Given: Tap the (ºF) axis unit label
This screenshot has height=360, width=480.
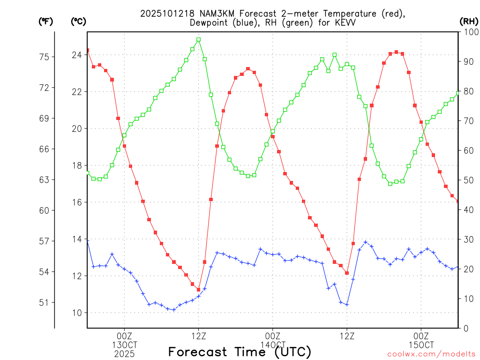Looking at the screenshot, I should click(x=46, y=21).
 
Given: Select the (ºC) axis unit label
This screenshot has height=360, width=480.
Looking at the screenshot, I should click(x=78, y=21).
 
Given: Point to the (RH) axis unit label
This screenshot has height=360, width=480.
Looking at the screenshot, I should click(x=469, y=21).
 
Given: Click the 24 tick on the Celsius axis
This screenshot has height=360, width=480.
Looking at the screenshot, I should click(x=76, y=55).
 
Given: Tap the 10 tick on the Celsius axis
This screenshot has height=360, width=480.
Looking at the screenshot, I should click(x=76, y=313).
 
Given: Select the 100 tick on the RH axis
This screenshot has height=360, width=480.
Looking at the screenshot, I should click(x=469, y=32).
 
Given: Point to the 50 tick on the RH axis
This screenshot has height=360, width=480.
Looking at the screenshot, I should click(x=467, y=180).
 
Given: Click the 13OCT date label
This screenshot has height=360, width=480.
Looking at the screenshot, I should click(x=124, y=345).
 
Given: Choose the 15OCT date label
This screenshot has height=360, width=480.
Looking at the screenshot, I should click(x=421, y=345).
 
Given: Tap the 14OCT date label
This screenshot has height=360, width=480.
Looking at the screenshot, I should click(x=273, y=345).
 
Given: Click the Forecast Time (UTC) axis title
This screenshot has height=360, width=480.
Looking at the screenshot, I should click(x=240, y=352).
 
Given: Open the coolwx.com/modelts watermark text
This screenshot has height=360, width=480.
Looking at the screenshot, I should click(x=431, y=354).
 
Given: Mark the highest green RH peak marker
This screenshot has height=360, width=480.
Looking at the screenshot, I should click(x=198, y=40).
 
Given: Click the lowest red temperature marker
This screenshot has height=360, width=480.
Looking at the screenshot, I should click(x=198, y=290).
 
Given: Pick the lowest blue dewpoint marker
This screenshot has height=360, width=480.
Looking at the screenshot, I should click(x=173, y=310).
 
